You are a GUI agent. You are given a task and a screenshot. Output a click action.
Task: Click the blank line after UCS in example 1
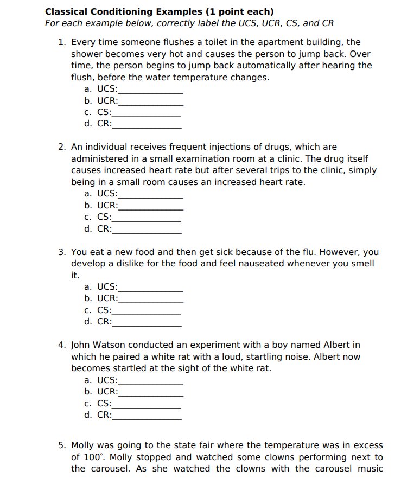tap(150, 89)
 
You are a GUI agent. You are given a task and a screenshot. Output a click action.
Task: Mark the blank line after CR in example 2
tap(147, 229)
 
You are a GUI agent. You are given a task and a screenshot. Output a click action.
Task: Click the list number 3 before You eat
tap(61, 252)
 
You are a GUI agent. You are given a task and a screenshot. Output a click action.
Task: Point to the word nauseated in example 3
tap(261, 264)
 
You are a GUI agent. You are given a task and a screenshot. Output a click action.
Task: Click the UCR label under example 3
tap(107, 298)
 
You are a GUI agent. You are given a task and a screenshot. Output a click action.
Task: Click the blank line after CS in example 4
tap(147, 404)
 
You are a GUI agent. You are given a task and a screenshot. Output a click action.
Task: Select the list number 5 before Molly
tap(61, 445)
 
